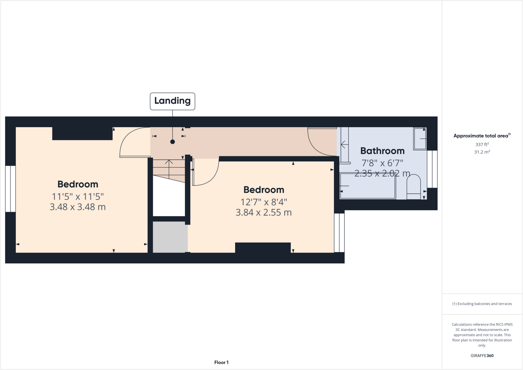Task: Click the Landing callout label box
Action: click(x=172, y=101)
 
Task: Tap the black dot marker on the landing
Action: click(x=172, y=142)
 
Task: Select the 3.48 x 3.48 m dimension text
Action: click(x=78, y=207)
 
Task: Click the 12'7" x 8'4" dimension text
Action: click(x=264, y=202)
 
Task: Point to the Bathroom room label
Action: click(x=382, y=151)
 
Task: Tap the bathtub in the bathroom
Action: click(x=367, y=186)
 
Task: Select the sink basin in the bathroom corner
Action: click(x=420, y=139)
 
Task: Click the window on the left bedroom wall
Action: click(x=10, y=189)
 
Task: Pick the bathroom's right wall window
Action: click(x=432, y=169)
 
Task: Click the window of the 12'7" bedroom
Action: click(x=339, y=233)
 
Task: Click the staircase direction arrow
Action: click(x=169, y=169)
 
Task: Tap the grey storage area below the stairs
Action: click(x=170, y=237)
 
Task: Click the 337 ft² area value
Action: click(x=482, y=145)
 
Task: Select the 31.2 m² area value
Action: click(x=482, y=152)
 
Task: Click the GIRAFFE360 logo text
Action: click(x=482, y=355)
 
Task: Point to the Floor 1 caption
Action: click(x=221, y=362)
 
